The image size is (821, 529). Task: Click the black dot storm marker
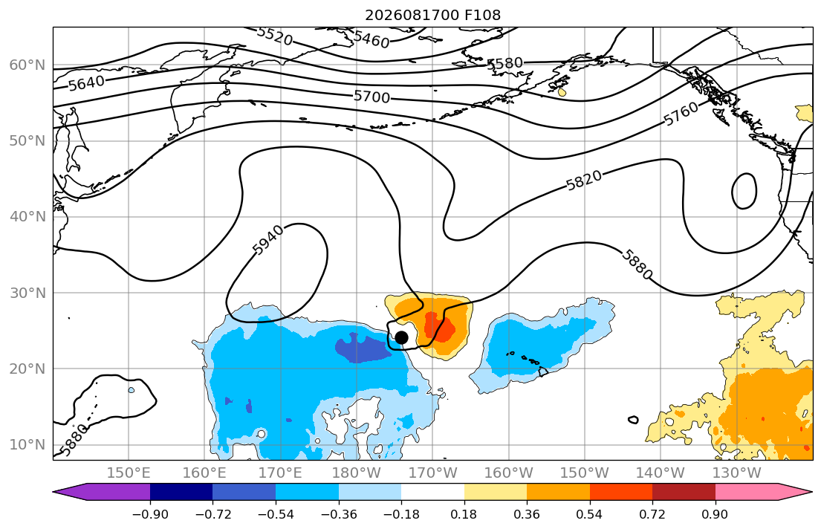tap(401, 338)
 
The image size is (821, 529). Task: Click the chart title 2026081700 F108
tap(432, 15)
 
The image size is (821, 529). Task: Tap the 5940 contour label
tap(269, 240)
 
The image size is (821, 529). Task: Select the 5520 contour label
tap(275, 36)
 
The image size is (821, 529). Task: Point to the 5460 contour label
tap(371, 39)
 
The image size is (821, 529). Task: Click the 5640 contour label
tap(86, 82)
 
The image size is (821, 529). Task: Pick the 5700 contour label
tap(371, 97)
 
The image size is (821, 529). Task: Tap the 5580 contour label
tap(504, 63)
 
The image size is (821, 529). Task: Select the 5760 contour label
tap(681, 113)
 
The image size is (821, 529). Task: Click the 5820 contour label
tap(584, 181)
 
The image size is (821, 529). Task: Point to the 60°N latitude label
tap(27, 65)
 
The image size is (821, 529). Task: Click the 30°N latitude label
tap(27, 293)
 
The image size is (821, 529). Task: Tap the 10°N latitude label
tap(27, 445)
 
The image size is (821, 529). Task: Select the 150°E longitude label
tap(129, 473)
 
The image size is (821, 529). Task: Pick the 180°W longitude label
tap(357, 473)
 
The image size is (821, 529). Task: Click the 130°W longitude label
tap(737, 473)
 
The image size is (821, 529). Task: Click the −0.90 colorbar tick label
tap(150, 514)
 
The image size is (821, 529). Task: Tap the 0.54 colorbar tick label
tap(590, 514)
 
